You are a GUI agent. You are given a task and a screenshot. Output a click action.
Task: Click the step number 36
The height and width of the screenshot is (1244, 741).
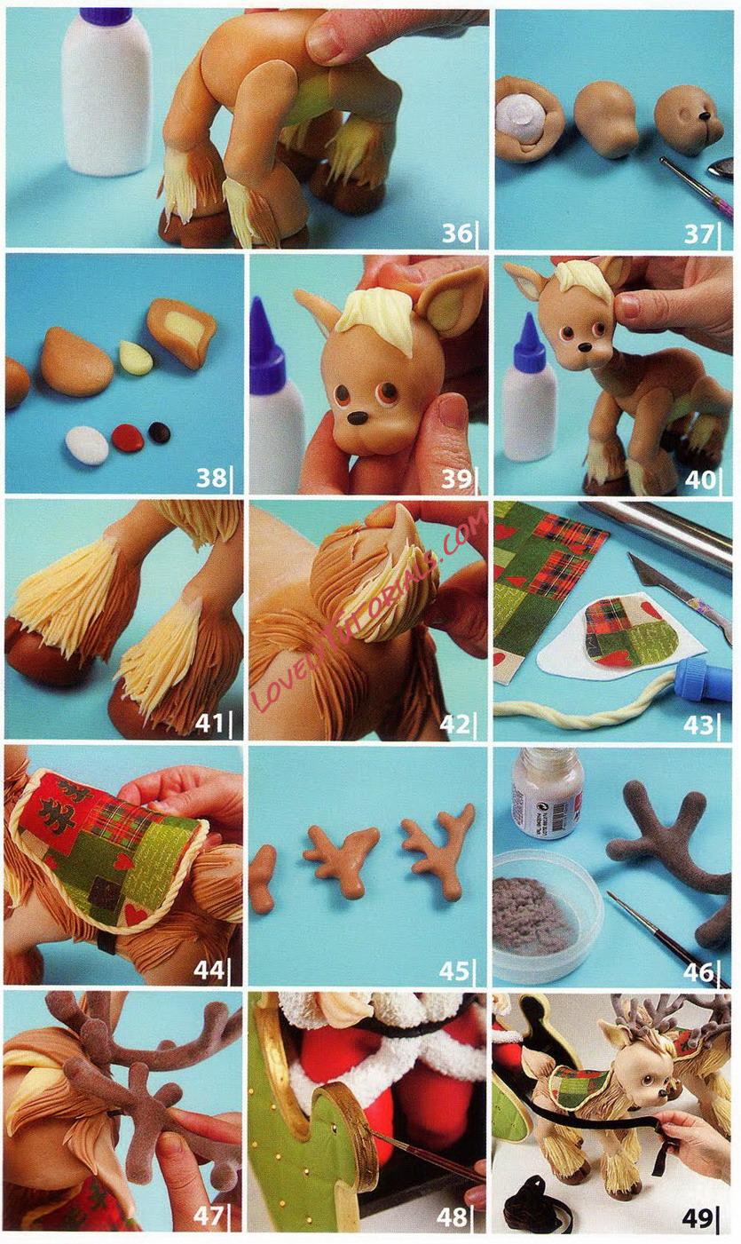457,234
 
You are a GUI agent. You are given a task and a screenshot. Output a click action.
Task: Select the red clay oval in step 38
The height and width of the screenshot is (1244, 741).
128,437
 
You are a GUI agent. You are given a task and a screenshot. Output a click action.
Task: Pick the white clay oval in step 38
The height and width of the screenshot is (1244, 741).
87,445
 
